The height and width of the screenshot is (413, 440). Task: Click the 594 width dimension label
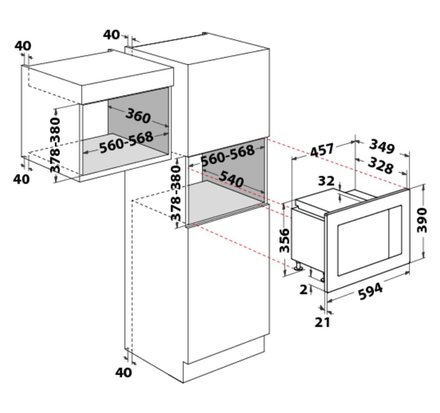coord(371,292)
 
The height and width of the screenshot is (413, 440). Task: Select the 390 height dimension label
coord(422,220)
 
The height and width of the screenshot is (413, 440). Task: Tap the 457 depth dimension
coord(321,150)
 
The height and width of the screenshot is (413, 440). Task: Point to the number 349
coord(382,146)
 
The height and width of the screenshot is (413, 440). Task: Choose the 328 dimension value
coord(380,166)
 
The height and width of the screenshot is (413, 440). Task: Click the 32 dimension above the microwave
coord(326,181)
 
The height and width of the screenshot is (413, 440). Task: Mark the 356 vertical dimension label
coord(284,240)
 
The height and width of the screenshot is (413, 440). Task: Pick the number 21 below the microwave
coord(322,322)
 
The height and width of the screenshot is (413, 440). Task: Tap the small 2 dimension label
coord(303,289)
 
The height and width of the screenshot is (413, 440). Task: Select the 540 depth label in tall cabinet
coord(231,179)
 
